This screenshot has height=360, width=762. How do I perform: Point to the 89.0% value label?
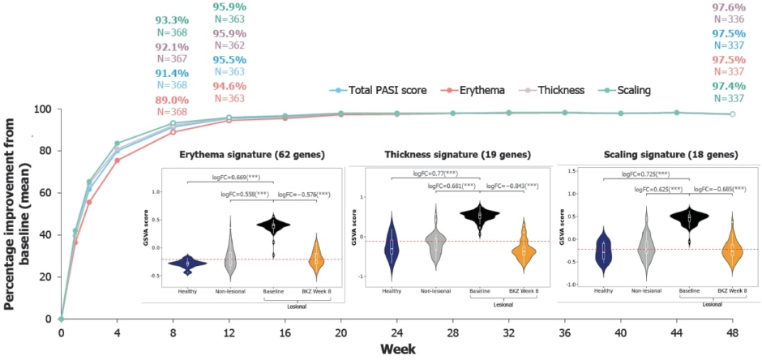click(x=171, y=99)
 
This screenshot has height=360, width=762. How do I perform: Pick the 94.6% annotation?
click(x=229, y=86)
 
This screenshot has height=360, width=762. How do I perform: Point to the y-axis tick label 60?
click(x=45, y=193)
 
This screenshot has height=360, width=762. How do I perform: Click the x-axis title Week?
click(x=396, y=349)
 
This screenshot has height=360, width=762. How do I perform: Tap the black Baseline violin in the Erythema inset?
click(x=273, y=227)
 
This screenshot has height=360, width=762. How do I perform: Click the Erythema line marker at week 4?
click(x=118, y=161)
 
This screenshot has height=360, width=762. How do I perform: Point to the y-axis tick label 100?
click(x=42, y=109)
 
